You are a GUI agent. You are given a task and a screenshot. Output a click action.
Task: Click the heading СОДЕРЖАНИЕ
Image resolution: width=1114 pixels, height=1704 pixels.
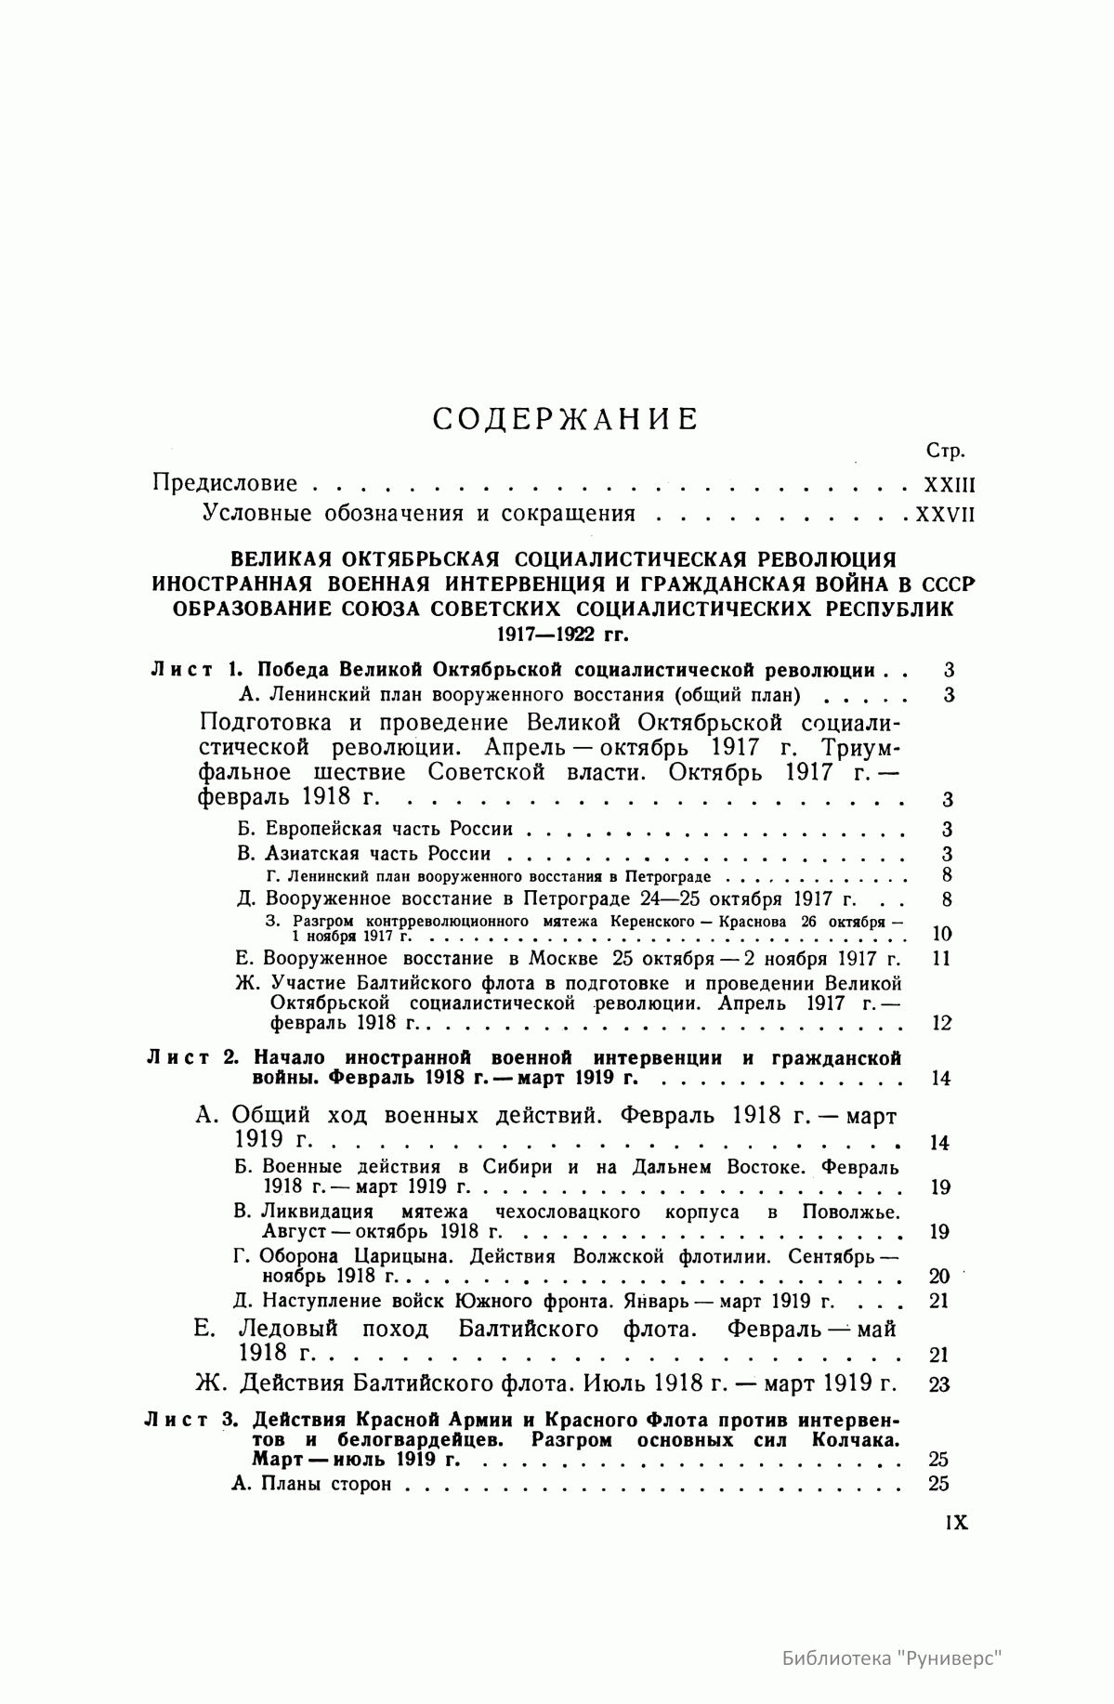[x=566, y=419]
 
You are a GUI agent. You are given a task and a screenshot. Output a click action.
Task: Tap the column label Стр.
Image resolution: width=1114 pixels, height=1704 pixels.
[x=946, y=452]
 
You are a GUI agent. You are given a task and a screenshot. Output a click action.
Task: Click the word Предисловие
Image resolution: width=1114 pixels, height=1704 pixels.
[x=225, y=483]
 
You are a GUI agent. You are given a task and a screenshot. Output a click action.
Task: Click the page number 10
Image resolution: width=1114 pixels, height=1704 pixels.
[x=941, y=934]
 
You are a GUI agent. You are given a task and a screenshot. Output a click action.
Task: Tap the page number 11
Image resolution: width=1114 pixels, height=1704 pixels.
[x=941, y=958]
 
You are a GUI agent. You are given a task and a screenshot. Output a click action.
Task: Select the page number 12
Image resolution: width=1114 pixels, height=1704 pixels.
[x=941, y=1023]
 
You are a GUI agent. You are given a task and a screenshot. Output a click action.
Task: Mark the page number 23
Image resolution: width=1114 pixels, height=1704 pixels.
[x=939, y=1384]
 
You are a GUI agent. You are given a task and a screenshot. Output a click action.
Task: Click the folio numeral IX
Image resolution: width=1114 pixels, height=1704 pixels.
[x=956, y=1523]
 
